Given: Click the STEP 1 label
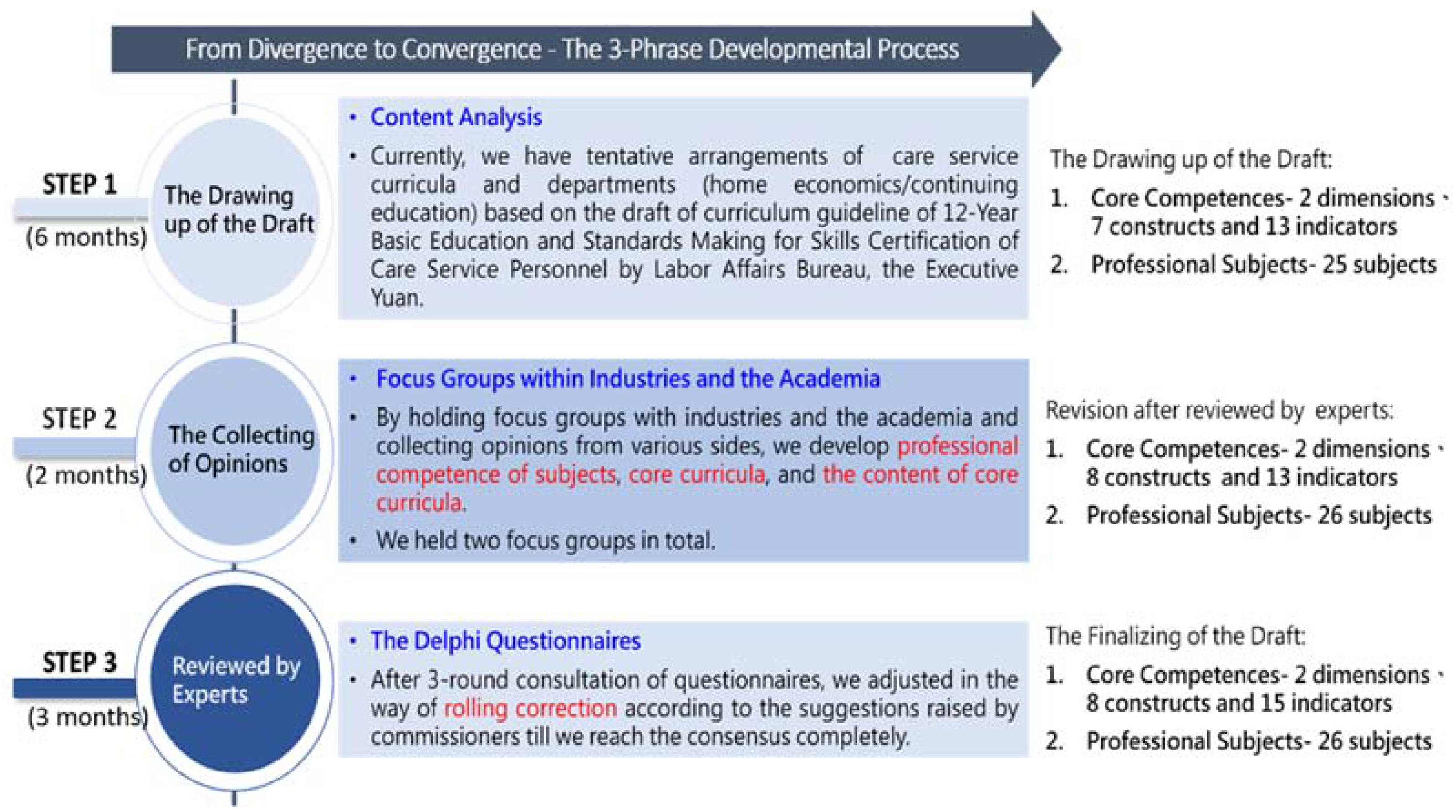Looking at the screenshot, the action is [80, 185].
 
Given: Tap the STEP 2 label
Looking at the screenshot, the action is [80, 419].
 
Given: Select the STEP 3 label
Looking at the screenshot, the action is [80, 663].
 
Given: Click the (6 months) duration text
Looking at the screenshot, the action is [87, 237].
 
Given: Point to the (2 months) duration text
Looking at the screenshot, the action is [87, 475].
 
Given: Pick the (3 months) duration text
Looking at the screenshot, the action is [88, 717].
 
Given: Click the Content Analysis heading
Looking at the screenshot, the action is [456, 118].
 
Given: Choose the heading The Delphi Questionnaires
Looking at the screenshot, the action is [505, 641].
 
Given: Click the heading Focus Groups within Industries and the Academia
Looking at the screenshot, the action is [628, 379].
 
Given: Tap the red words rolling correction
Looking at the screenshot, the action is [530, 708].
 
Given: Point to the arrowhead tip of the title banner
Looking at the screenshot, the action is [1061, 49].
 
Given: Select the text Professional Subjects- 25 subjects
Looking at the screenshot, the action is [1264, 265].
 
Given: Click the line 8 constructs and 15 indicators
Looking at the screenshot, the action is [1239, 704].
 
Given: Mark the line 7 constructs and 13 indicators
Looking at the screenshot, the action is [1244, 227].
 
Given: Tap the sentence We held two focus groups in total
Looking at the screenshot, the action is [546, 540].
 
